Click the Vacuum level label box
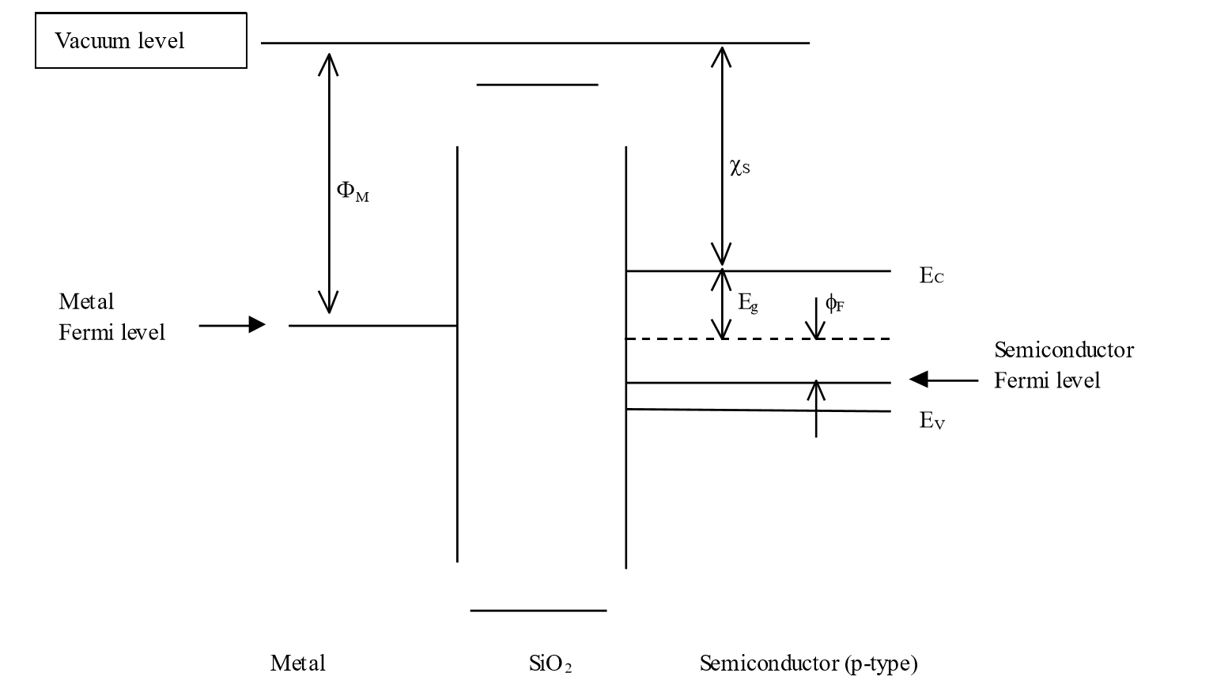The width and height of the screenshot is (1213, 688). (141, 40)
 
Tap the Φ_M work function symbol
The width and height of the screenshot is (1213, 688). (352, 191)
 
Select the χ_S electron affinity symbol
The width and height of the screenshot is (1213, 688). (739, 167)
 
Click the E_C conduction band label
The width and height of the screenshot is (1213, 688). (931, 276)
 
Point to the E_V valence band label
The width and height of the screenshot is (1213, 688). (931, 421)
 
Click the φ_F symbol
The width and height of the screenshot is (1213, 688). (834, 303)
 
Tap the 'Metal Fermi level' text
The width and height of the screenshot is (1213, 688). (111, 316)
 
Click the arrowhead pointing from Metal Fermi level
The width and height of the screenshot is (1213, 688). (255, 324)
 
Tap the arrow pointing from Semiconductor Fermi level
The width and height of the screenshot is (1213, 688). (943, 380)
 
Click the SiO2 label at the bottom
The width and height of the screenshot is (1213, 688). (550, 663)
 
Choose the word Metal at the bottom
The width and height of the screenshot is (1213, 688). (297, 663)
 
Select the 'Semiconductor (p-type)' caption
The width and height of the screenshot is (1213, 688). (808, 663)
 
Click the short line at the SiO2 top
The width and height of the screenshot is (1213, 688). (537, 84)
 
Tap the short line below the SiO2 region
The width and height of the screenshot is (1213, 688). (538, 611)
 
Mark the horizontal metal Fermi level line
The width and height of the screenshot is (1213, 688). (372, 325)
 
